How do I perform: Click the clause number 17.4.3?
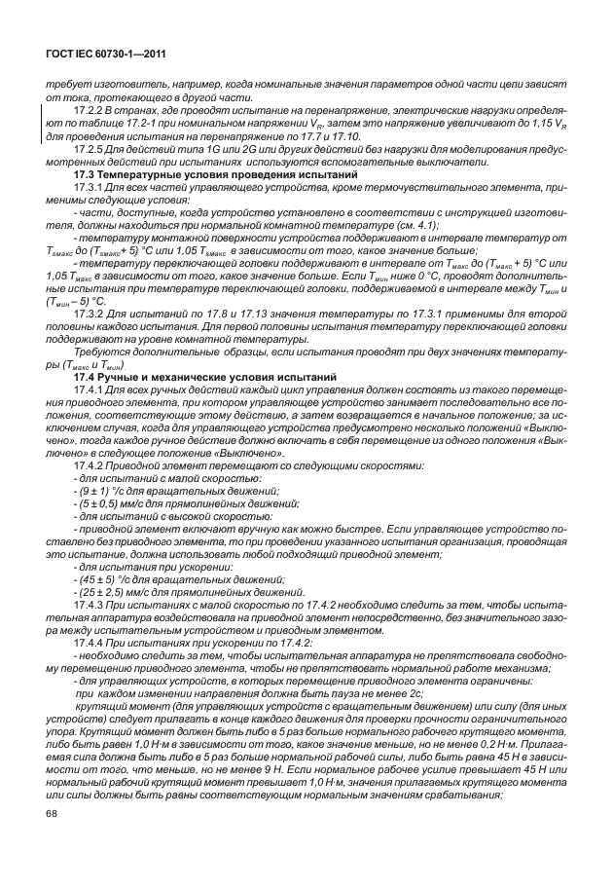tap(90, 604)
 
